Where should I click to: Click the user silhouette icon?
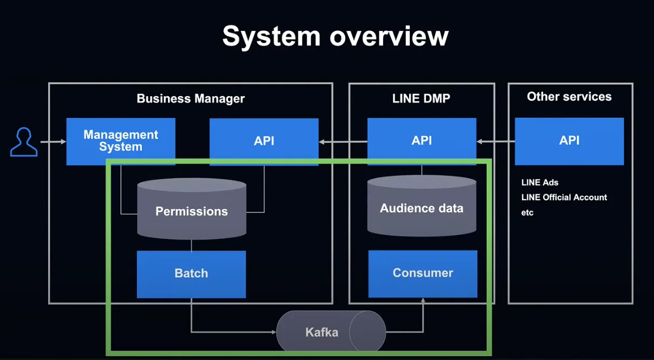coord(24,142)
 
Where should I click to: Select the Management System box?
coord(121,141)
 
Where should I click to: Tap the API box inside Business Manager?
coord(264,142)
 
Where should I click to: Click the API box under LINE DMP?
coord(422,141)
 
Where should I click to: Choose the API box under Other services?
coord(569,141)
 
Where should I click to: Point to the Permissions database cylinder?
coord(191,209)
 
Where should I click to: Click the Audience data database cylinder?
coord(422,206)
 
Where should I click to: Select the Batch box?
coord(191,274)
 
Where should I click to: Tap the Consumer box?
coord(423,274)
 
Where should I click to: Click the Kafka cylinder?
coord(331,331)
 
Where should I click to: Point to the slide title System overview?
coord(336,37)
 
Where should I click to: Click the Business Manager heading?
coord(191,99)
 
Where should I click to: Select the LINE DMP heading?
coord(421,98)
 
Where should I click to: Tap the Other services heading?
coord(569,97)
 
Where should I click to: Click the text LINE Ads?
coord(540,183)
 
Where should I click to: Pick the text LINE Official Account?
coord(564,197)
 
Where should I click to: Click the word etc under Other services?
coord(528,212)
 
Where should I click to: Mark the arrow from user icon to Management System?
coord(53,142)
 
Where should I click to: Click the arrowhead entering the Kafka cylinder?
coord(273,332)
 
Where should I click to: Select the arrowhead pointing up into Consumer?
coord(423,300)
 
